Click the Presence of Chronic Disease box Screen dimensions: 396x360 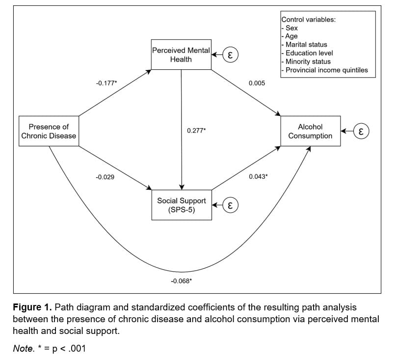49,131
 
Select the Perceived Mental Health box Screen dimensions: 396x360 181,55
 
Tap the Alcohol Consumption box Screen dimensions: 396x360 311,131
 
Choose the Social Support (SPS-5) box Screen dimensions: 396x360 182,205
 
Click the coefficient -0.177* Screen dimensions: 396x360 106,83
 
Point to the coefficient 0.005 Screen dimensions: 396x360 257,83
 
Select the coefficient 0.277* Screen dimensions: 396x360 196,131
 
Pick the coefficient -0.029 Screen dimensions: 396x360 105,177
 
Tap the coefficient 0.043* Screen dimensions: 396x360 258,176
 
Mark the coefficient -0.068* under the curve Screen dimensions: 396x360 182,281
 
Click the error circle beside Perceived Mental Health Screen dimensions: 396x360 230,55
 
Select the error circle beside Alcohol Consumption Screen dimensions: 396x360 361,131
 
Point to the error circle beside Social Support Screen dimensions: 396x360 230,205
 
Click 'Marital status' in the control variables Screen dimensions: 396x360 306,45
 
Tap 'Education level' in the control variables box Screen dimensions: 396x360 309,53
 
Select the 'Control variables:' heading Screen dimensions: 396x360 308,20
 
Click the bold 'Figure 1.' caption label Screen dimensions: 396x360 32,307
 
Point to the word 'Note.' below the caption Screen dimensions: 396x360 24,348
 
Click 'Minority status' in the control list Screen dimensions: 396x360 308,61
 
